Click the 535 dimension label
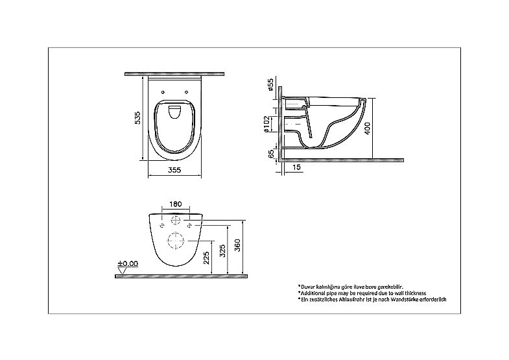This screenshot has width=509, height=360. tap(137, 116)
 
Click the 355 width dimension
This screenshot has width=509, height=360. tap(174, 170)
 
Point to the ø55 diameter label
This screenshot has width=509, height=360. tap(269, 86)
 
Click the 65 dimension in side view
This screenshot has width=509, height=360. tap(269, 154)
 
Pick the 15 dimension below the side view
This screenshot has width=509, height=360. tap(296, 167)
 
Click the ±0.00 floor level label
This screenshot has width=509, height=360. tap(128, 264)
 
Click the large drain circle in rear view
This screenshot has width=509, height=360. tap(176, 241)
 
